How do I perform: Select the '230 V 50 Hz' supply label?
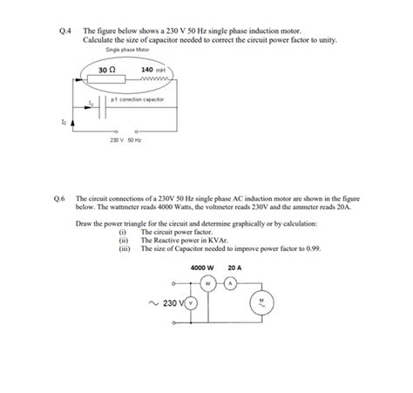(x=126, y=140)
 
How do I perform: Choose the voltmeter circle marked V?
(x=192, y=303)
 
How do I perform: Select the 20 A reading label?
(x=234, y=268)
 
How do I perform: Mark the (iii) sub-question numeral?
(x=123, y=247)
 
